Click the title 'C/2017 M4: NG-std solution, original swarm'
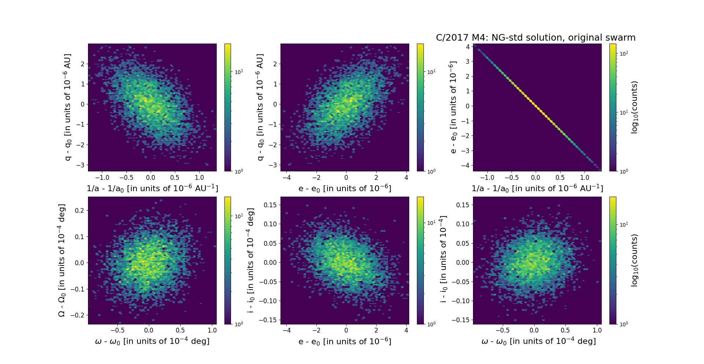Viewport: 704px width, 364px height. (536, 38)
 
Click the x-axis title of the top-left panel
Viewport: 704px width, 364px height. (152, 188)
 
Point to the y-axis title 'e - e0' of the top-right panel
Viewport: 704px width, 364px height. (453, 107)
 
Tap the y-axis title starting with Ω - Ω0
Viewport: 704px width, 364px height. (62, 260)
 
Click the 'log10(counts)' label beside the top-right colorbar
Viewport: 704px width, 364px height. (634, 107)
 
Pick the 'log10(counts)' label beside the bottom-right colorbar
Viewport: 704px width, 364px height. (634, 260)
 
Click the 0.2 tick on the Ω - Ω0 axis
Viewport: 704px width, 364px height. (80, 211)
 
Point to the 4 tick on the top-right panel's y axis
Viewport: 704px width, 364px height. (467, 47)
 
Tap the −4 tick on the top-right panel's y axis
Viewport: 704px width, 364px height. (465, 166)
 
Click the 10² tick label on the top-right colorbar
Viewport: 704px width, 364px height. (623, 53)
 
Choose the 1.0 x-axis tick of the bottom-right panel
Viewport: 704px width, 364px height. (597, 330)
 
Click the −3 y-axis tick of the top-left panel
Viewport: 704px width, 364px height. (80, 165)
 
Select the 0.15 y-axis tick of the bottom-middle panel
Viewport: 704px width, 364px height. (270, 205)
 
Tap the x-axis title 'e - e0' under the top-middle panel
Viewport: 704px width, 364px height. (345, 188)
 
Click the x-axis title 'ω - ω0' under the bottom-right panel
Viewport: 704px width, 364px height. (538, 341)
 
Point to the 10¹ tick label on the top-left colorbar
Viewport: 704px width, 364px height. (238, 72)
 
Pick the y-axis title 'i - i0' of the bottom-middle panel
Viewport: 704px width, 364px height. (251, 260)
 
